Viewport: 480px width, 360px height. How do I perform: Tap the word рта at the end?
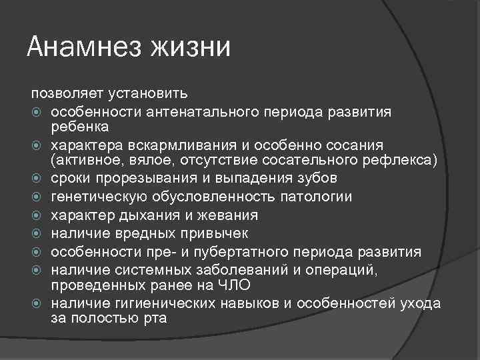155,319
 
